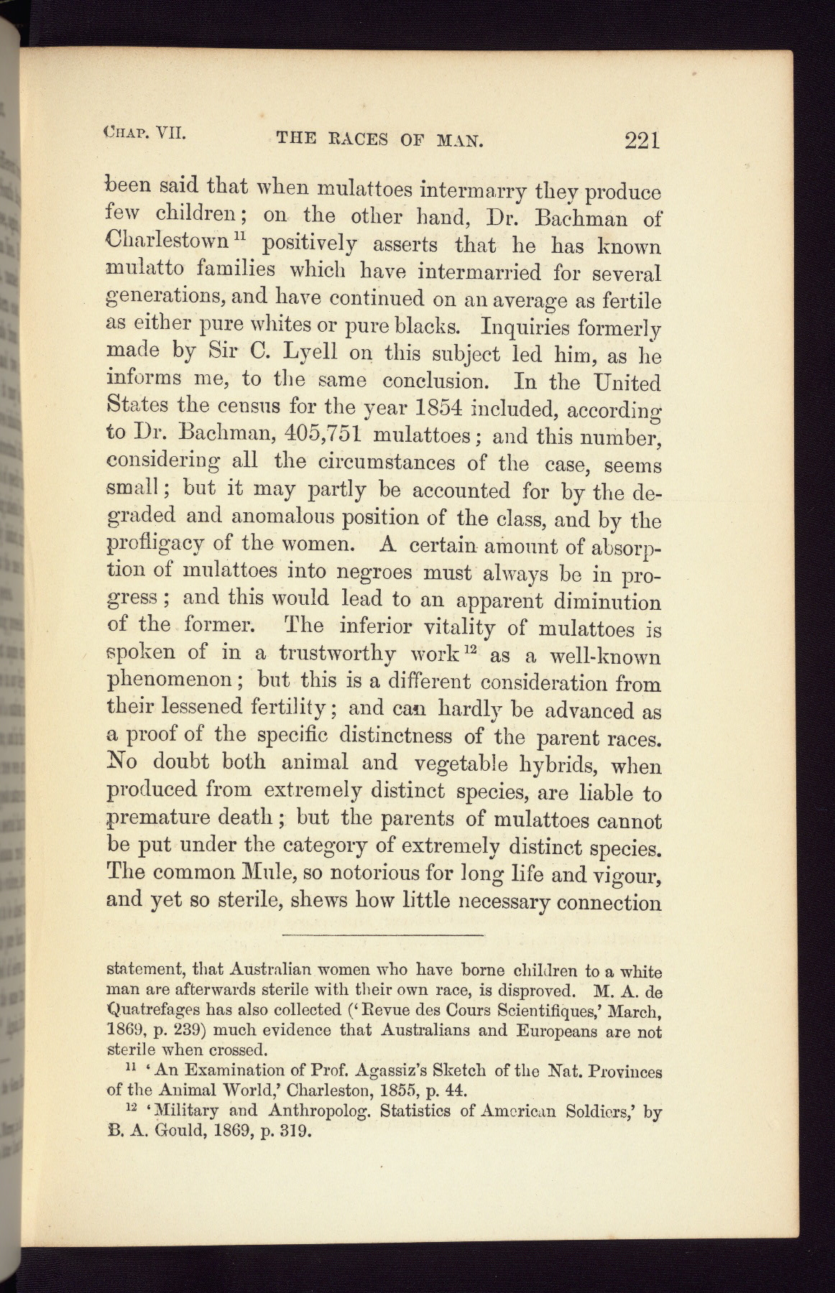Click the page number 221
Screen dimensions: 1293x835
pos(642,139)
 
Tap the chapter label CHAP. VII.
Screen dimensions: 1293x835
pos(145,131)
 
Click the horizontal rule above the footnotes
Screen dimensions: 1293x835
pos(383,935)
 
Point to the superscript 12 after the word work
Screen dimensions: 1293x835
pos(471,650)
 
